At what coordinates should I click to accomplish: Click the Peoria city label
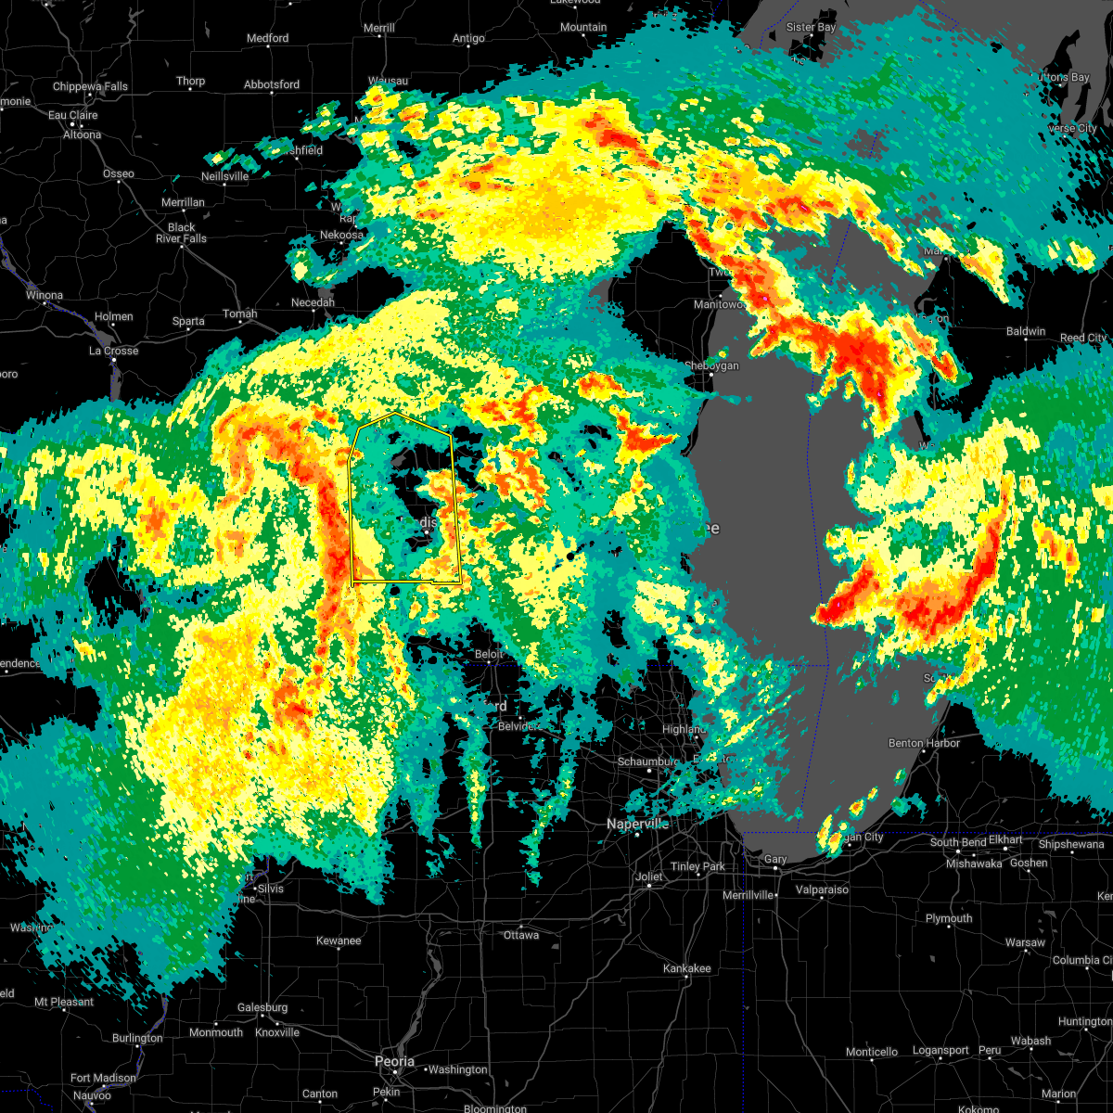point(394,1061)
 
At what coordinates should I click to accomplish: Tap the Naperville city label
point(638,824)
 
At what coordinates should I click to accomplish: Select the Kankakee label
point(687,968)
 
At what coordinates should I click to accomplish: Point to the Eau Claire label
point(73,116)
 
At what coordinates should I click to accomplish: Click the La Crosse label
point(113,351)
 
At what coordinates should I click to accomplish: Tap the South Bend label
point(958,842)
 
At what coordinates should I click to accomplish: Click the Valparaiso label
point(822,889)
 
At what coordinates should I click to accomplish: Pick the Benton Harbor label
point(924,743)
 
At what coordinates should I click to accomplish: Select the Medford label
point(267,38)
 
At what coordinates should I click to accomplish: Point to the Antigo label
point(468,38)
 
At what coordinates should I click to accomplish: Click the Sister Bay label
point(811,28)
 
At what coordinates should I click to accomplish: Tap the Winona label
point(44,296)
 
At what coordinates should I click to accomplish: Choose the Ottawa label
point(521,935)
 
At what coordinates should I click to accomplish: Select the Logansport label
point(940,1051)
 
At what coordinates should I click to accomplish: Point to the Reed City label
point(1083,339)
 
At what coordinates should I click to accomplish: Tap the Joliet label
point(648,876)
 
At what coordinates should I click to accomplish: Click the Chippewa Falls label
point(90,87)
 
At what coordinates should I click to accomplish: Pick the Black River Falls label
point(181,233)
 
